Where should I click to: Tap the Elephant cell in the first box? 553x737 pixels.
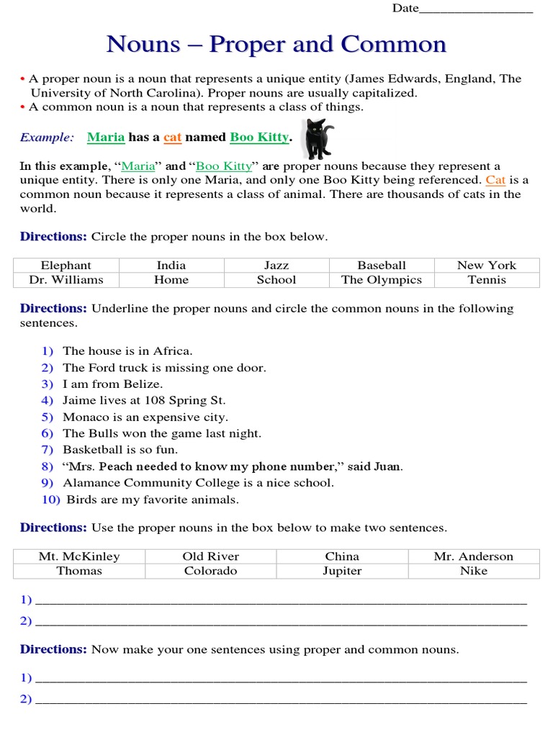pyautogui.click(x=66, y=265)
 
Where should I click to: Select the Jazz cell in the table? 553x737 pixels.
pyautogui.click(x=276, y=265)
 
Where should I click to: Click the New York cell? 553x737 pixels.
pyautogui.click(x=487, y=265)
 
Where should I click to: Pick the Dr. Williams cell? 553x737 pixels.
pyautogui.click(x=66, y=280)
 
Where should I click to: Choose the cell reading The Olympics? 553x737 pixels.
pyautogui.click(x=382, y=280)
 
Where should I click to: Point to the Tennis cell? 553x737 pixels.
pyautogui.click(x=487, y=280)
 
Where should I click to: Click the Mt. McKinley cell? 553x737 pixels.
pyautogui.click(x=79, y=556)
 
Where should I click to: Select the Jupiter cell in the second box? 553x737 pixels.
pyautogui.click(x=342, y=571)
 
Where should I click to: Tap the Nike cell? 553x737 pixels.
pyautogui.click(x=473, y=571)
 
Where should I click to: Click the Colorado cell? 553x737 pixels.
pyautogui.click(x=210, y=571)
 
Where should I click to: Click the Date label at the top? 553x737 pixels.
pyautogui.click(x=405, y=8)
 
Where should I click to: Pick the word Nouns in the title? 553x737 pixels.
pyautogui.click(x=143, y=44)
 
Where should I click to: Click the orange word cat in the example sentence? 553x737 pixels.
pyautogui.click(x=173, y=137)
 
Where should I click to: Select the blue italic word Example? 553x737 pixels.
pyautogui.click(x=47, y=137)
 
